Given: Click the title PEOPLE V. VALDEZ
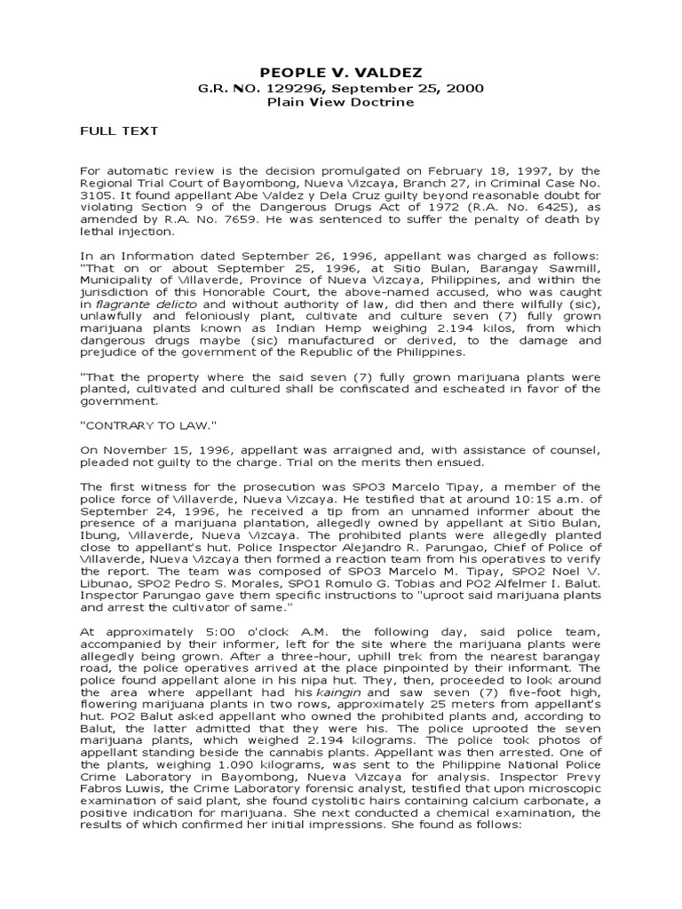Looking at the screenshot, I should coord(342,71).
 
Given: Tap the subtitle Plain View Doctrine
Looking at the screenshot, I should coord(342,102).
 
